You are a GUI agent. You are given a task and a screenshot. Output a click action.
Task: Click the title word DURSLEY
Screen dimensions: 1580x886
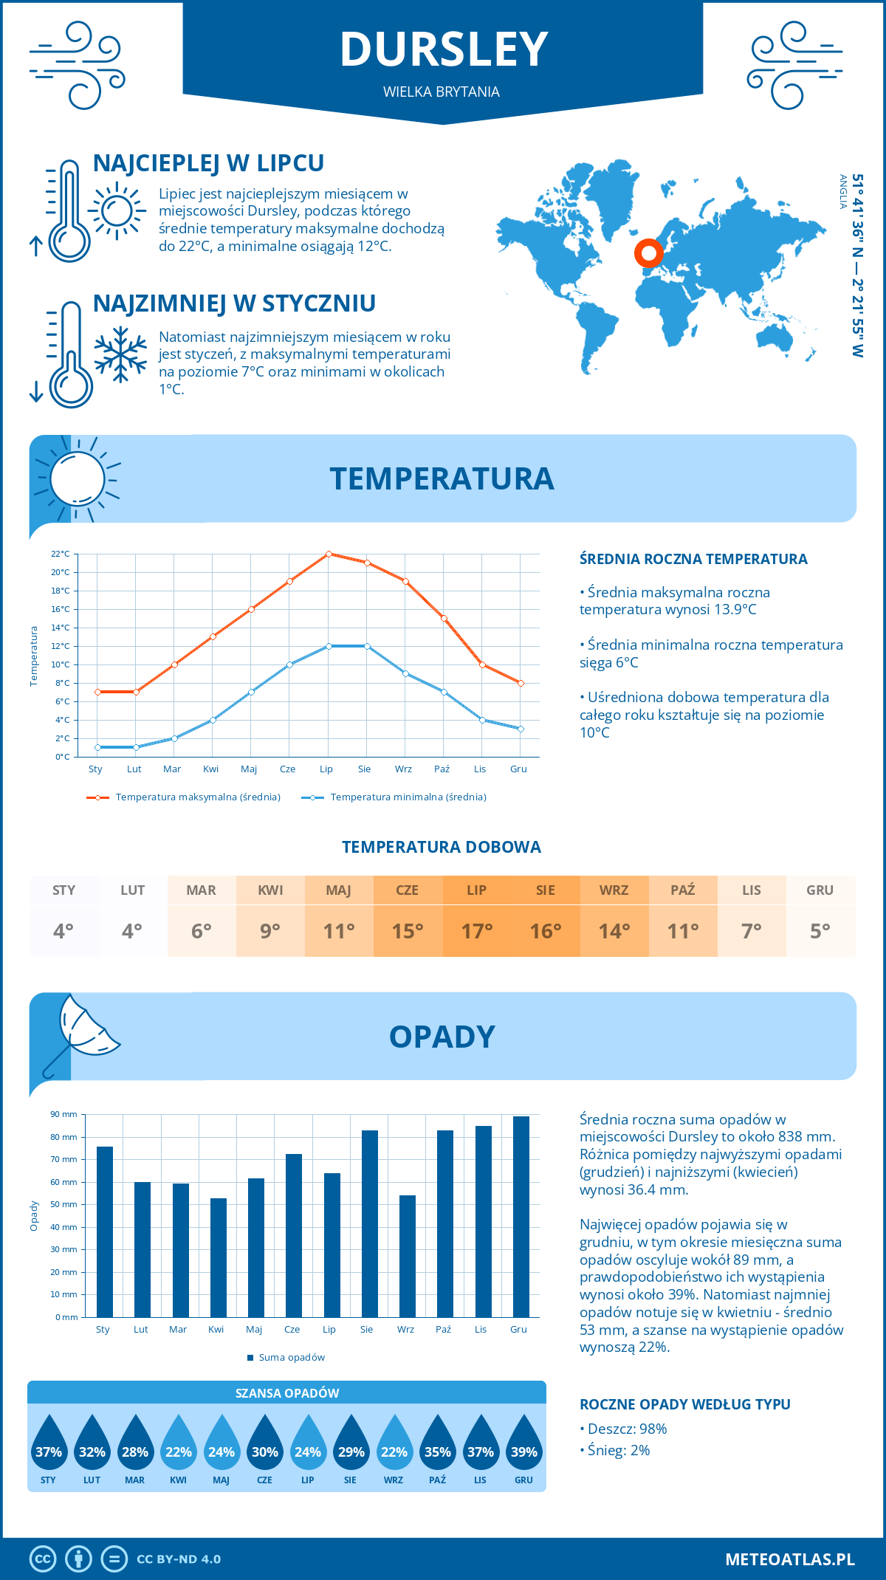pos(443,49)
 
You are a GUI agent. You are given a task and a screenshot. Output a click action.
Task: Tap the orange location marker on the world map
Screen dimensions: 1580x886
pos(649,253)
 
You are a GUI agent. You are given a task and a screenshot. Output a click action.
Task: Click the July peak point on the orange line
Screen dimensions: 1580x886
pos(329,554)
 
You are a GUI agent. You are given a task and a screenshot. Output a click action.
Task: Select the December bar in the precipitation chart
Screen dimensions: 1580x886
pos(521,1217)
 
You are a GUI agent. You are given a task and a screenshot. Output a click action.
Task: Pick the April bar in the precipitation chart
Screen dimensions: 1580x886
pos(219,1257)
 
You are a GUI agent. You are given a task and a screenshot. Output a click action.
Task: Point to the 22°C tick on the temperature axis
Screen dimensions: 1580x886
pos(61,554)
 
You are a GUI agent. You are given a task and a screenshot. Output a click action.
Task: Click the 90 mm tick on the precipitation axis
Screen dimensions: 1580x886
pos(64,1114)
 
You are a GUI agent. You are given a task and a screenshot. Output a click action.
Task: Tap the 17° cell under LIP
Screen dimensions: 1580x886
pos(476,931)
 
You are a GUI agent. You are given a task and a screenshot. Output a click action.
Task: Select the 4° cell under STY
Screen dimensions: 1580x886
pos(63,931)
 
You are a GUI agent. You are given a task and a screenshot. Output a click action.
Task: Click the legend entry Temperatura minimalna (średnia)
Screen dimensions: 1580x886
pos(408,797)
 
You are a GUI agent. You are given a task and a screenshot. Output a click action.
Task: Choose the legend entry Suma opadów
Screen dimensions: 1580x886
pos(291,1358)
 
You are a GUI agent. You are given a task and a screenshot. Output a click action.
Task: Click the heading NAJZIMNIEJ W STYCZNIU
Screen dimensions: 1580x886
pos(234,303)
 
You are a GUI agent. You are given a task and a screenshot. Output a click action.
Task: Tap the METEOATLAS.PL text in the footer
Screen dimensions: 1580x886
pos(789,1559)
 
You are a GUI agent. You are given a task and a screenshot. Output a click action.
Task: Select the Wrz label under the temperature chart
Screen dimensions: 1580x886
pos(403,769)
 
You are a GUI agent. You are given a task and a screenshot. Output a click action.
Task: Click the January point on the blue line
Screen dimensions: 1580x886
pos(97,747)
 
